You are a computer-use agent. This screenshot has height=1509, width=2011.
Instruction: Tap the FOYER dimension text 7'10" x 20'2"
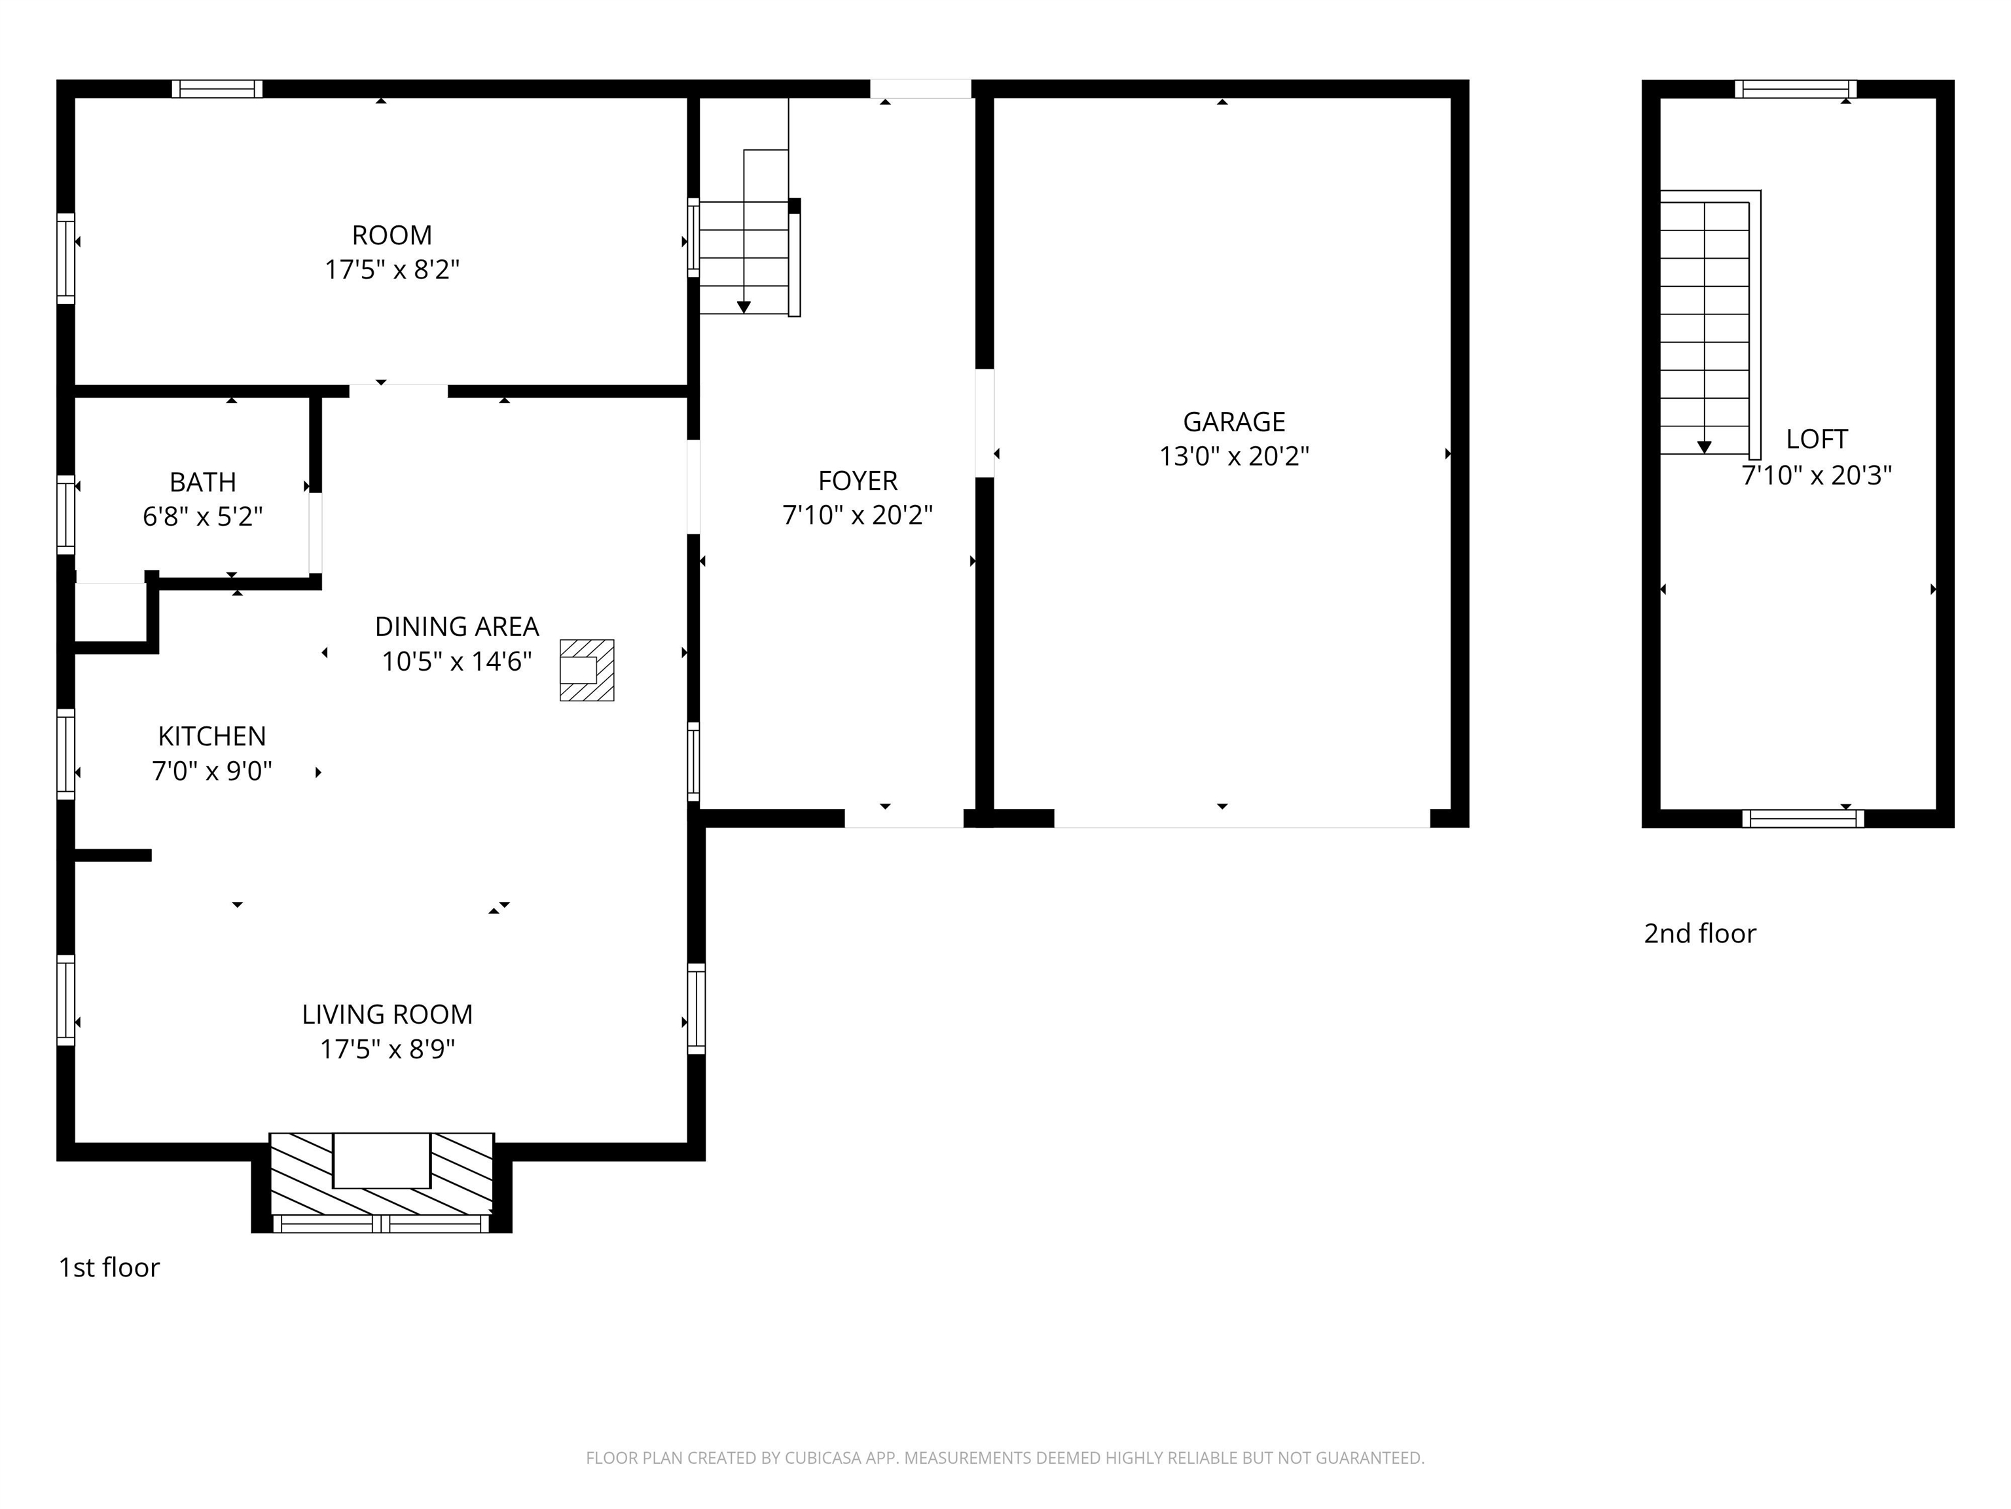858,515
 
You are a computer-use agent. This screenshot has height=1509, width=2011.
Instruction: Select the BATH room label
203,481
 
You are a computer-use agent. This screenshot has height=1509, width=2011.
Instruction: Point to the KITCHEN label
212,736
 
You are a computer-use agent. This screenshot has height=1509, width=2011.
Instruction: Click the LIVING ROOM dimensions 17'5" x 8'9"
388,1049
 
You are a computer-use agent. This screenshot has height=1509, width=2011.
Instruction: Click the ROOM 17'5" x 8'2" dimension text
392,269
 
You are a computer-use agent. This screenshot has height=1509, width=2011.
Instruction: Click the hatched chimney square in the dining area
587,671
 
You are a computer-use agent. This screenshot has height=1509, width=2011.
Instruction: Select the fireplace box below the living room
381,1161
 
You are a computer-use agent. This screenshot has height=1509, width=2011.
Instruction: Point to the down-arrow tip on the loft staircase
1704,447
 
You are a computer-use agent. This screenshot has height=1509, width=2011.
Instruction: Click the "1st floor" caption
109,1267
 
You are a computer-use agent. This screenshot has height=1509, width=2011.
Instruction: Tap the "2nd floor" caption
1699,933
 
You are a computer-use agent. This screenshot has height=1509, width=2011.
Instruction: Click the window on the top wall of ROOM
217,89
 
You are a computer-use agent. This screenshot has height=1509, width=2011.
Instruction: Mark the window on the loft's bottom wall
1802,819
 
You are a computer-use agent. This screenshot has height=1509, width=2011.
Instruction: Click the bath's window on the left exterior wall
65,514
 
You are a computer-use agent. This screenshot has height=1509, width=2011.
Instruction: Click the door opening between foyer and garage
984,423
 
